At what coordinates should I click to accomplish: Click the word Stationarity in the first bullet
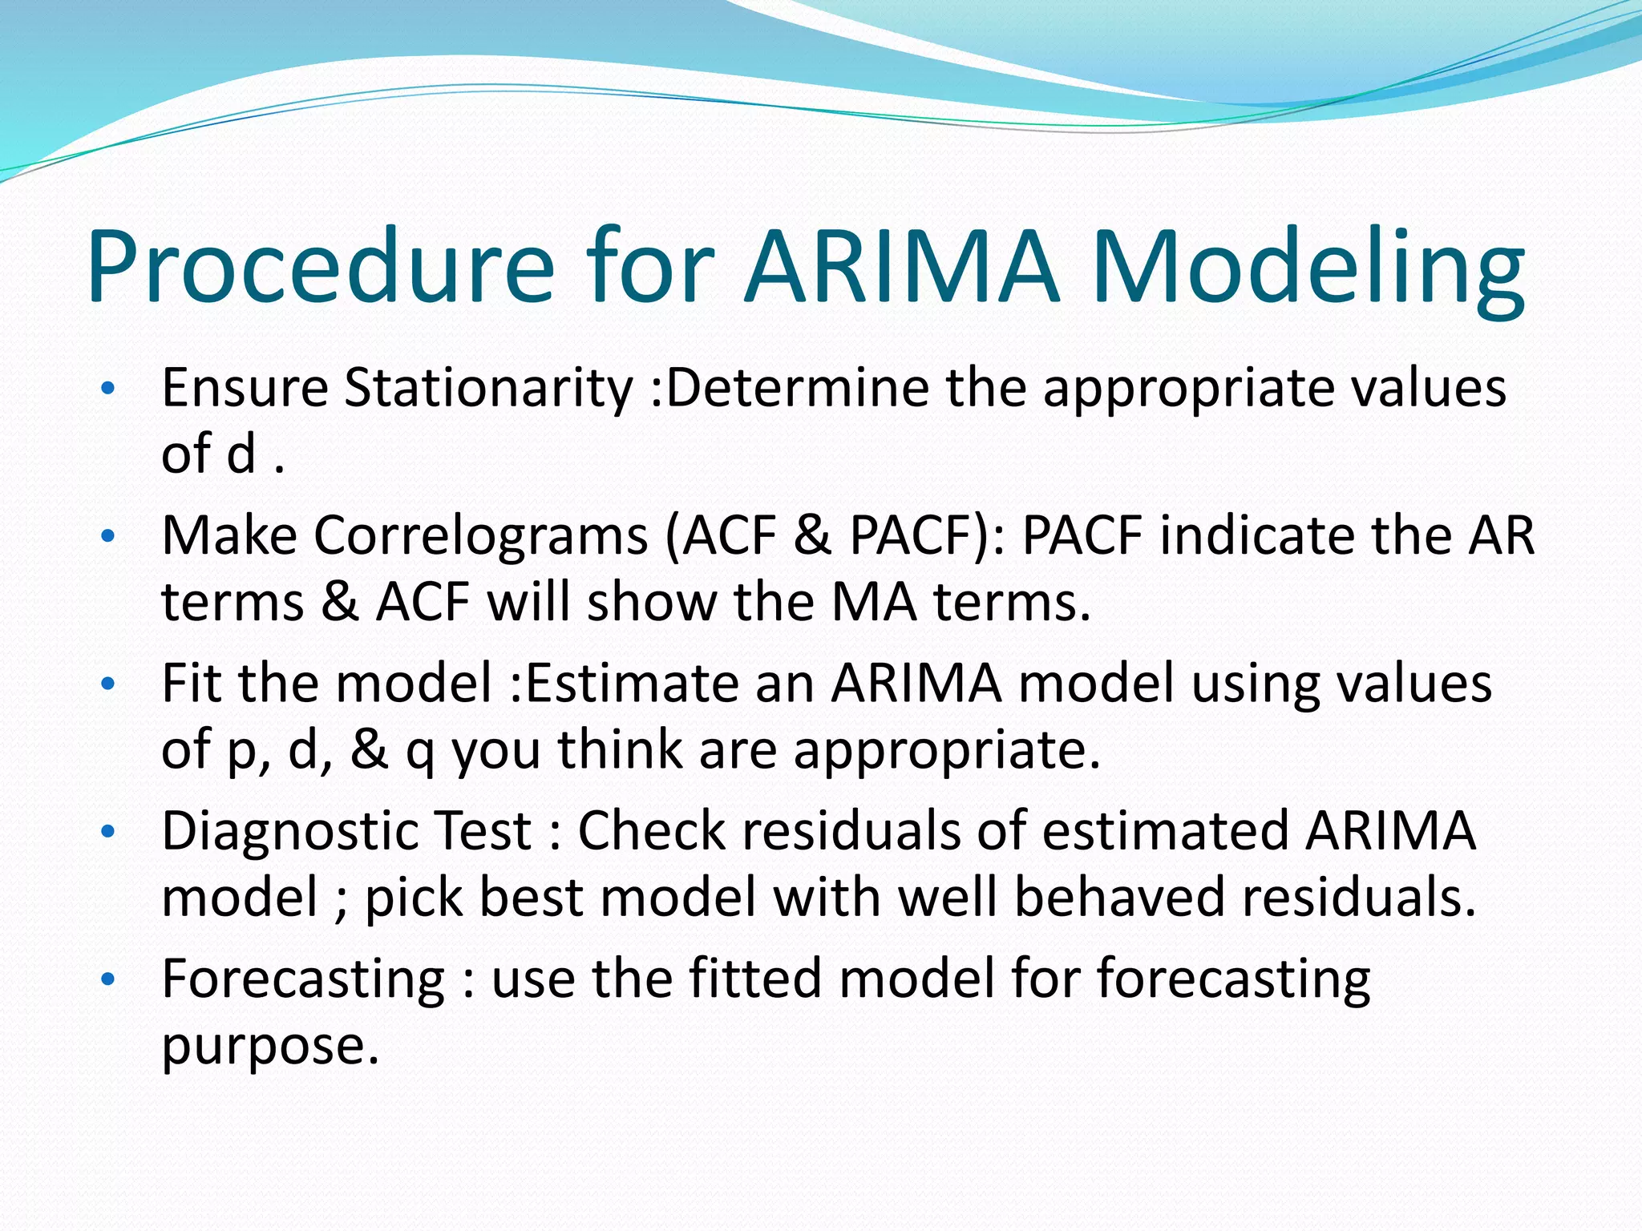(x=488, y=389)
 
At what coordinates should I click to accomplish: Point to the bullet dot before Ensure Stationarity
(x=109, y=390)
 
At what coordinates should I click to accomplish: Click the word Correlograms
(x=480, y=535)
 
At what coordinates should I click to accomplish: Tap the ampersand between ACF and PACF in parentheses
(x=812, y=535)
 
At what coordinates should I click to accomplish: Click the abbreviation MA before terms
(x=874, y=602)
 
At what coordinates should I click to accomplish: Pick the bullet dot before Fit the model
(x=109, y=685)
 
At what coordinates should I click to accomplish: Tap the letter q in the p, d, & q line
(x=419, y=753)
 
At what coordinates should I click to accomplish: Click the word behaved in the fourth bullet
(x=1119, y=897)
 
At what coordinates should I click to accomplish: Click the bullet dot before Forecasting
(x=109, y=980)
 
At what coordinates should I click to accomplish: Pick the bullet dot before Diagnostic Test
(x=109, y=833)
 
